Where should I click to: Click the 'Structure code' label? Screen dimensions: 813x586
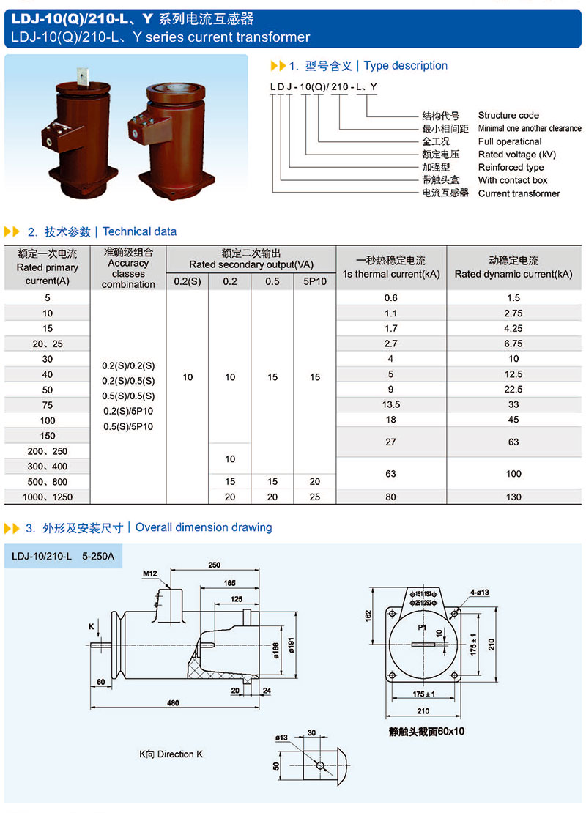pos(508,115)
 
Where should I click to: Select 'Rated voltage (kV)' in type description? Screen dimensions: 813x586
pos(517,155)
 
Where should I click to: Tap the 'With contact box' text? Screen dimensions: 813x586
pos(512,180)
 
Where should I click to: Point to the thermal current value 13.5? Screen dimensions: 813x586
pos(390,404)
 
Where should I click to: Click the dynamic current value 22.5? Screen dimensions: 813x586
pos(513,389)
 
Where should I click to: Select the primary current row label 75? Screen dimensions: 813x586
pos(48,404)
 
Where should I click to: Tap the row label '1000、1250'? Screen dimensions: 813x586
pos(48,497)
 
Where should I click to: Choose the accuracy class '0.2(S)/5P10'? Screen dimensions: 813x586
pos(129,411)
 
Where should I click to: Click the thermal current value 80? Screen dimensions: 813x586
pos(390,497)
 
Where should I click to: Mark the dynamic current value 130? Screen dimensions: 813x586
pos(513,497)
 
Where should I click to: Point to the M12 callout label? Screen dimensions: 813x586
pos(150,573)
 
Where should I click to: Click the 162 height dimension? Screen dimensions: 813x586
pos(368,616)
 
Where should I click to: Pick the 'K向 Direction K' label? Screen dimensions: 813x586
pos(167,754)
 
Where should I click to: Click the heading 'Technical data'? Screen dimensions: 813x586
pos(139,231)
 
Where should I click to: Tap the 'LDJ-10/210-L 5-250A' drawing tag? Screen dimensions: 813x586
pos(63,557)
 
